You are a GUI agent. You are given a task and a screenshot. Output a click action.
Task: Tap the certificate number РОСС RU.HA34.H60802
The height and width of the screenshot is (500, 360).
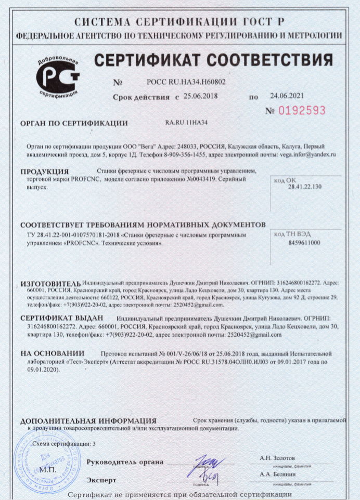tap(186, 82)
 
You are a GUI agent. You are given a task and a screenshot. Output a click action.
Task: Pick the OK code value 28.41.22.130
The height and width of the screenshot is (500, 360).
tap(305, 186)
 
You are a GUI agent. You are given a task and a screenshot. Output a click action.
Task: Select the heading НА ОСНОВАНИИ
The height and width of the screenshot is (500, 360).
tap(52, 353)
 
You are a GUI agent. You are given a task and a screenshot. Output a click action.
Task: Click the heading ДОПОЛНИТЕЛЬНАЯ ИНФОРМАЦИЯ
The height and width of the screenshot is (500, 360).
tap(88, 420)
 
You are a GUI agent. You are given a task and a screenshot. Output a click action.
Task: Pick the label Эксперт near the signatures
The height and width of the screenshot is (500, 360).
tap(101, 480)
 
